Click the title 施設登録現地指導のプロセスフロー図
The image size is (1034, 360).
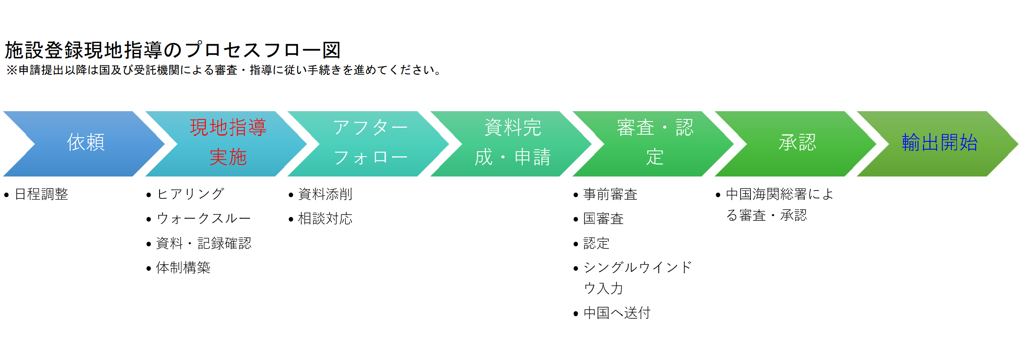tap(173, 50)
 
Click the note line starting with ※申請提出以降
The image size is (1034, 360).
tap(224, 70)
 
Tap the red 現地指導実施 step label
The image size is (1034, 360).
tap(228, 142)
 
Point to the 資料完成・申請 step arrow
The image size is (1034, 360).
tap(511, 144)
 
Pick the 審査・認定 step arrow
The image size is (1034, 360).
tap(653, 144)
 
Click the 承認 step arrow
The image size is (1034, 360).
tap(796, 144)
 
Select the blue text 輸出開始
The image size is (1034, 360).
tap(940, 142)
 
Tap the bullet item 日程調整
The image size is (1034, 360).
tap(41, 194)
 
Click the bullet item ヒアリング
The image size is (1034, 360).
tap(191, 194)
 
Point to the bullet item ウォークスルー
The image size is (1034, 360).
tap(204, 219)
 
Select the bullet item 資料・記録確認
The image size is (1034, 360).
tap(204, 243)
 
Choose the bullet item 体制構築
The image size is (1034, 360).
tap(183, 268)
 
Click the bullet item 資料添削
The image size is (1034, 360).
tap(325, 194)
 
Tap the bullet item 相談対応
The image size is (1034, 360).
tap(325, 219)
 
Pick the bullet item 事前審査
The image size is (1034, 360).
tap(610, 194)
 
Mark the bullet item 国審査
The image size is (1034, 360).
tap(603, 219)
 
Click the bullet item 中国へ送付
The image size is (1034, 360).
tap(617, 313)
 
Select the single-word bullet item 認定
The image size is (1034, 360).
tap(596, 243)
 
